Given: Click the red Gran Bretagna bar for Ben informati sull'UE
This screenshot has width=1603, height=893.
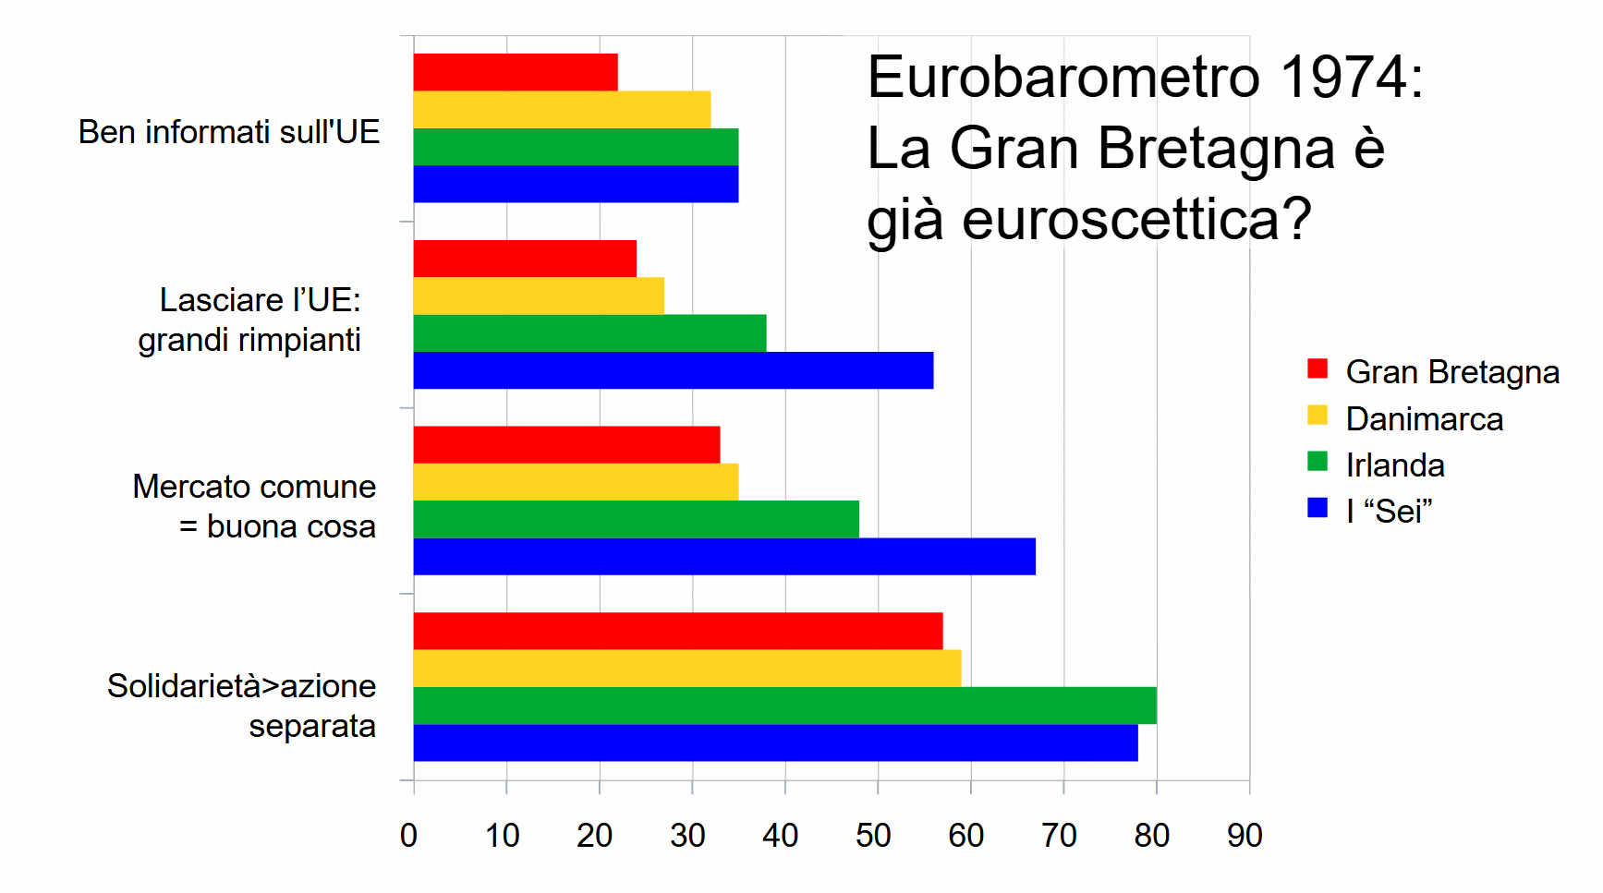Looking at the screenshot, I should pos(516,72).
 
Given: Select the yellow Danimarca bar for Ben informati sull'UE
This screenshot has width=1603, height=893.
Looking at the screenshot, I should pos(562,110).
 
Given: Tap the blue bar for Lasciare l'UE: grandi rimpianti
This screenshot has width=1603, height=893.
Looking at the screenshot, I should pos(673,370).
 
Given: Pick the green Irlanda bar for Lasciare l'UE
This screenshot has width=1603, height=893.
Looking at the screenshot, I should pos(589,333).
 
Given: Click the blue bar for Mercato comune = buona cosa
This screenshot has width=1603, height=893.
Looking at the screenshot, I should pos(724,557).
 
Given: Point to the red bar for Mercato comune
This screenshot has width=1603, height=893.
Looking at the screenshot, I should pos(566,445).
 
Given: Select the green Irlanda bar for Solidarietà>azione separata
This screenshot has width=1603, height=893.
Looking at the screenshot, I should pos(784,706).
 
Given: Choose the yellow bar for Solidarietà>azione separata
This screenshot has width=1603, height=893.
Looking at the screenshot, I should pos(686,669).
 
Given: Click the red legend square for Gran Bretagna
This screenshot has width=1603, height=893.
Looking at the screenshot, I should pos(1318,369).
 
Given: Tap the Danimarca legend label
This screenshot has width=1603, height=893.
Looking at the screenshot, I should pos(1424,419).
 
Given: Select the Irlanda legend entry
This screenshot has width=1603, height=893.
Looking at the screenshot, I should pos(1394,465).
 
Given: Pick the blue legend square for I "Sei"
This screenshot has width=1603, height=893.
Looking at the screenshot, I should pos(1318,508).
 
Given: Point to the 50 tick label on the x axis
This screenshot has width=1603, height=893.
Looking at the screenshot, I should pos(873,836).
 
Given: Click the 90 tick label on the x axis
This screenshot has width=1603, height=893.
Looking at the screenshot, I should pos(1245,836).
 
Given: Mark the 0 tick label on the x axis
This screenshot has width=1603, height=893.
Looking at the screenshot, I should pos(408,836).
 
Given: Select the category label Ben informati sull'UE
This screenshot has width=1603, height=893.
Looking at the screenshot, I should pos(229,132).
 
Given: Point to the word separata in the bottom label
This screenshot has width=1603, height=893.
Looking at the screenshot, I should pos(312,727).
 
